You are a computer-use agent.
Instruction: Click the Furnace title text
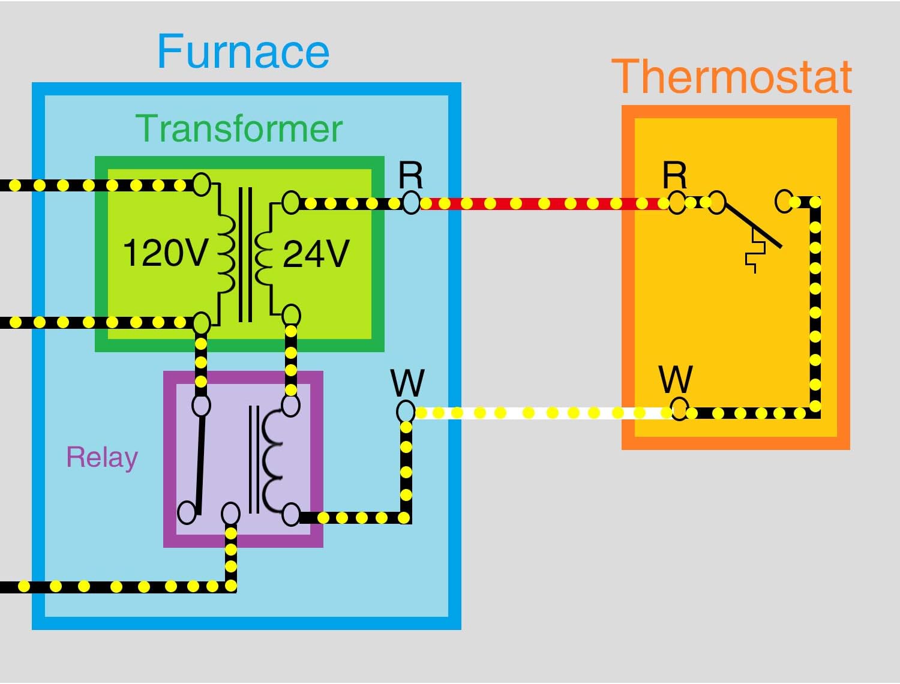coord(243,52)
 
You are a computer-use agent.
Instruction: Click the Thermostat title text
coord(731,77)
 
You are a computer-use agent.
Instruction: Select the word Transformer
coord(239,128)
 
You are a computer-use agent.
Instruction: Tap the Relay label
coord(102,457)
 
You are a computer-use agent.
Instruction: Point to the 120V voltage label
coord(166,253)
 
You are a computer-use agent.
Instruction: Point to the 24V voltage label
coord(316,254)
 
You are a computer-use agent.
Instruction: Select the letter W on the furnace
coord(407,382)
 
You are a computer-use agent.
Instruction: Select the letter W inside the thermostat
coord(676,379)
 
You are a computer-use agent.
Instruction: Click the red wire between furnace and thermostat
coord(540,204)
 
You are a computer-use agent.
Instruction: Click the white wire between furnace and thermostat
coord(540,413)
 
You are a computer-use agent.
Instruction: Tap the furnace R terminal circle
coord(411,203)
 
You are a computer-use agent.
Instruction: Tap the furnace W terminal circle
coord(406,412)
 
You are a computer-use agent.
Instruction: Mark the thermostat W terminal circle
coord(679,409)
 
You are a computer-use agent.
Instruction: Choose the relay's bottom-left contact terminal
coord(187,512)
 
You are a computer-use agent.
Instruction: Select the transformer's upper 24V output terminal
coord(291,203)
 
